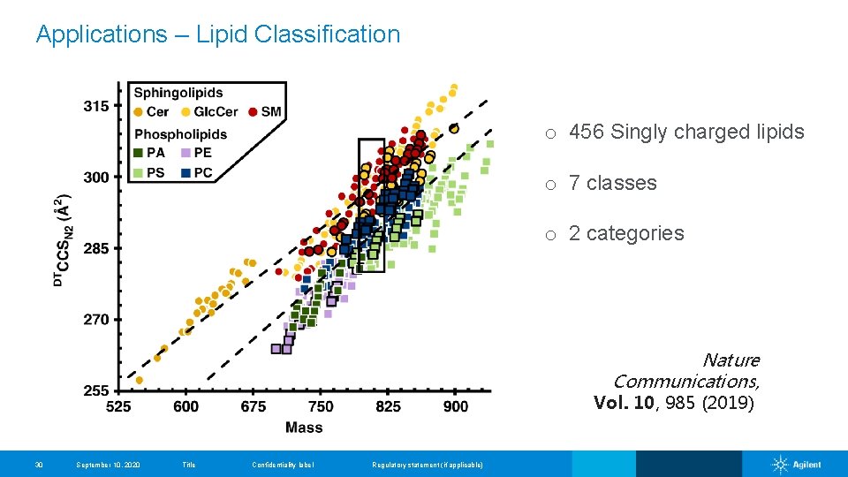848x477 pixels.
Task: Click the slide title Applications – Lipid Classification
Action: tap(217, 34)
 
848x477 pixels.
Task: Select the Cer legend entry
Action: tap(152, 111)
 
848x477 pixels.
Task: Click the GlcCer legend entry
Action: tap(210, 111)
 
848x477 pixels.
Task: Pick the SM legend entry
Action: tap(265, 111)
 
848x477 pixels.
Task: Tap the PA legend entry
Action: tap(149, 153)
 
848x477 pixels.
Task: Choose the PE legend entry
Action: tap(196, 153)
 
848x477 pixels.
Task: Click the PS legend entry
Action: tap(149, 172)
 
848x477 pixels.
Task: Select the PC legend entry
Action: tap(196, 172)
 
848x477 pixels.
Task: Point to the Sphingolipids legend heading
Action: tap(178, 93)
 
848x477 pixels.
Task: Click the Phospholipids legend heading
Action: tap(180, 134)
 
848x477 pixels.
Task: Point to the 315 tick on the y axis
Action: tap(96, 106)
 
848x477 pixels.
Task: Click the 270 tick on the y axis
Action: tap(96, 320)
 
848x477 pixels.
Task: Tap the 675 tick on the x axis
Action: tap(254, 406)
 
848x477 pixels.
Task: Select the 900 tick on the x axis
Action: tap(456, 406)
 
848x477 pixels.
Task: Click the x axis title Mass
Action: tap(304, 428)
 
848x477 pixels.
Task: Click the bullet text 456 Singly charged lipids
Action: tap(686, 132)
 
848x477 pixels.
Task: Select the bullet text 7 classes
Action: tap(612, 184)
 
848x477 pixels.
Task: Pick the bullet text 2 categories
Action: tap(625, 233)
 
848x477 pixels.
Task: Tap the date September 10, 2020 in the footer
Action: tap(108, 465)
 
